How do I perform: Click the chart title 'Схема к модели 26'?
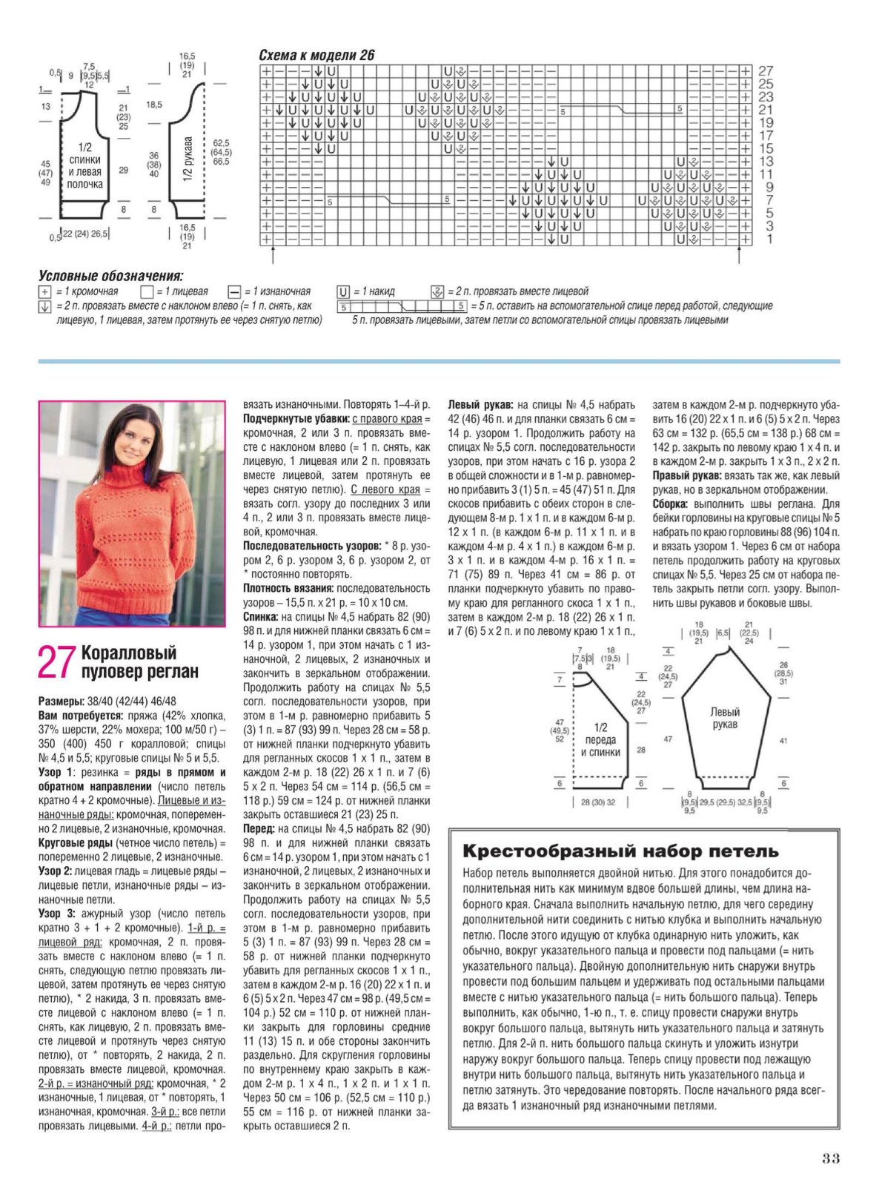pos(316,55)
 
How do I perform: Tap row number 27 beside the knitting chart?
pos(766,71)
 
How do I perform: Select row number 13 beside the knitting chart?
pos(766,162)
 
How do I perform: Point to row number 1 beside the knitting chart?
pos(769,239)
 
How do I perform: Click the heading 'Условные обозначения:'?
pos(110,276)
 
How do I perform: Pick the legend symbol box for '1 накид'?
pos(344,291)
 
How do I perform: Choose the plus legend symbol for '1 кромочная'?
pos(44,291)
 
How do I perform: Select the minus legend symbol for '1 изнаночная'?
pos(234,291)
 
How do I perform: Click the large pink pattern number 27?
pos(57,661)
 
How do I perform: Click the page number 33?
pos(830,1158)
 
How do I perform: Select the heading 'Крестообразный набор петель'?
pos(620,851)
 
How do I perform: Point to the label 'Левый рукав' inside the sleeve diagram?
pos(724,718)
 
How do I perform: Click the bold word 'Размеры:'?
pos(61,701)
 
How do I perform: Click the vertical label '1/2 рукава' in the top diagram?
pos(188,159)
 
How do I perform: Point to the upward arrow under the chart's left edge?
pos(274,256)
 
